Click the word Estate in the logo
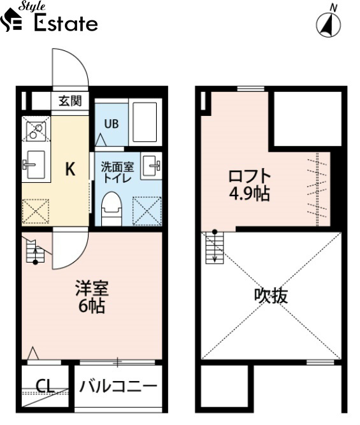click(66, 23)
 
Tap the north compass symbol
click(329, 23)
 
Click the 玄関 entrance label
click(70, 101)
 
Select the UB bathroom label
click(112, 124)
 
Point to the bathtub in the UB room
click(145, 122)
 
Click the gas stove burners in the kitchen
click(36, 129)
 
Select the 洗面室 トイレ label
click(117, 172)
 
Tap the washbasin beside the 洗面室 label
click(151, 166)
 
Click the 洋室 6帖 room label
click(92, 297)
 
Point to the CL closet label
click(45, 386)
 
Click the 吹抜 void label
click(271, 296)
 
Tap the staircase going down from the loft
click(215, 247)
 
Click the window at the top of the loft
click(251, 89)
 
